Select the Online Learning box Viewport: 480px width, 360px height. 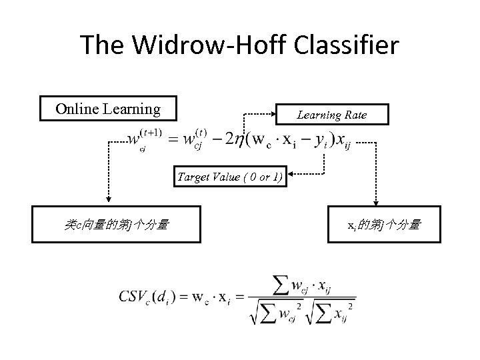click(108, 109)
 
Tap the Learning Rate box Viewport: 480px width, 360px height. click(331, 115)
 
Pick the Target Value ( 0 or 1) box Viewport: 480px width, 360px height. click(230, 177)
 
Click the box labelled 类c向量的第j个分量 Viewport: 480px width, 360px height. click(115, 225)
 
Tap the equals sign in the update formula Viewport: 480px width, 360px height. click(171, 141)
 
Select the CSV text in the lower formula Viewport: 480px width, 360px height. click(133, 296)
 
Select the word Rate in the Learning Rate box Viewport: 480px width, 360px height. click(354, 115)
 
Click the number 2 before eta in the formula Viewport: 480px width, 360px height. click(228, 141)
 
